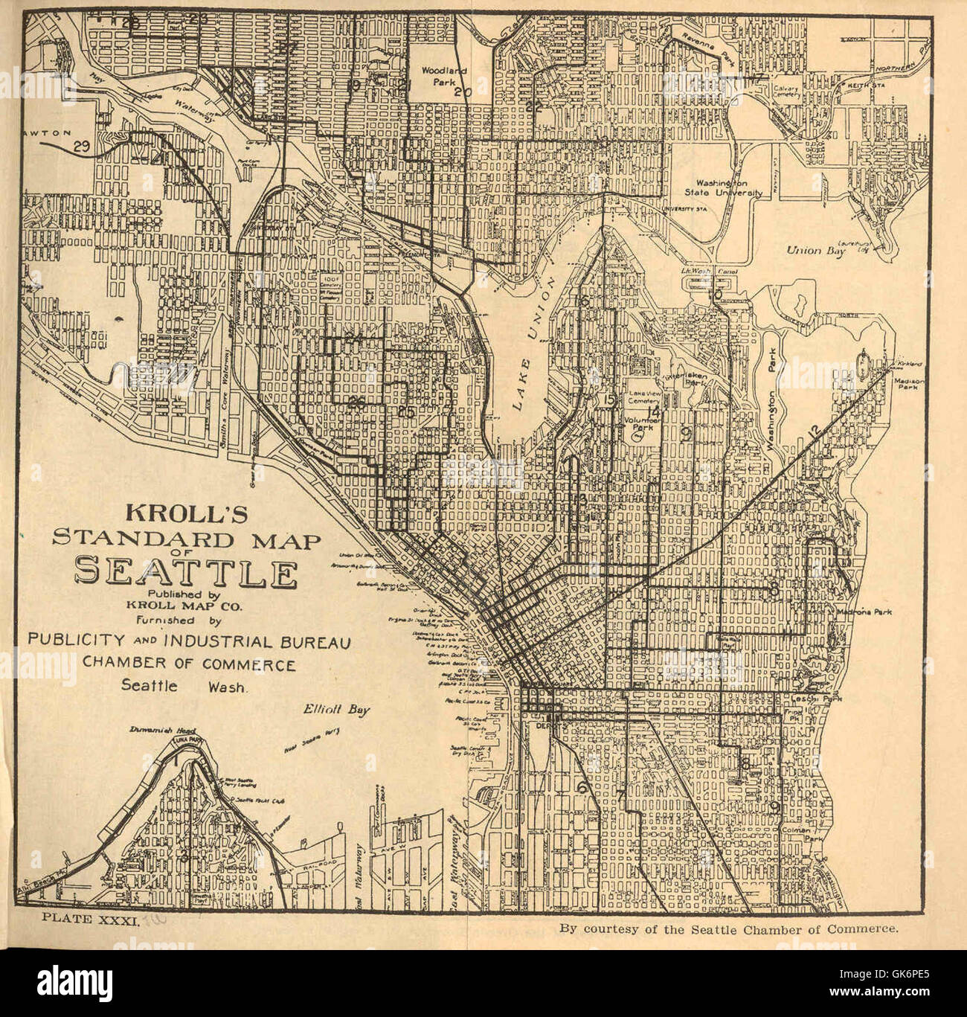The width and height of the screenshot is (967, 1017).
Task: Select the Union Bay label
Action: [815, 251]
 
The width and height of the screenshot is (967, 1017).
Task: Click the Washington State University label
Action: [724, 187]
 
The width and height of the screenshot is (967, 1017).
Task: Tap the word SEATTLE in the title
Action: [186, 573]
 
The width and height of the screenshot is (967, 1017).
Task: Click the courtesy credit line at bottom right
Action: [730, 928]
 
